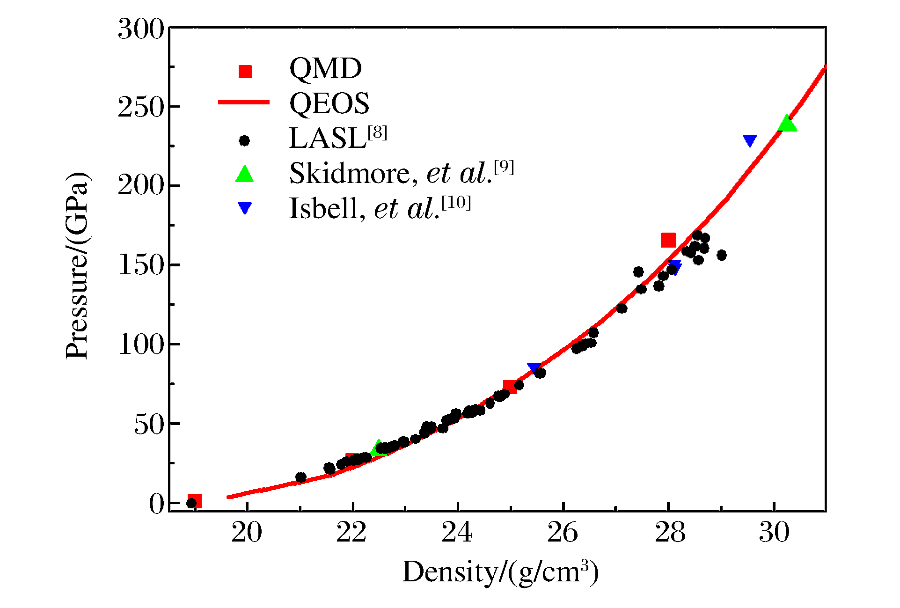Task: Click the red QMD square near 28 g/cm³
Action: pos(668,240)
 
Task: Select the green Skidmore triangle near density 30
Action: pos(787,124)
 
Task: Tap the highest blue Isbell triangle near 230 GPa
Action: pos(749,141)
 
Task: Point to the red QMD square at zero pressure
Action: pos(195,501)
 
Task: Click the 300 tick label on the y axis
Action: pos(140,29)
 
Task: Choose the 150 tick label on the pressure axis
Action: pos(140,266)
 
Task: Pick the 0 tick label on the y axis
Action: pos(157,504)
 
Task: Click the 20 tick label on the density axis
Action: pos(247,533)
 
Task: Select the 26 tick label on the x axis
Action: pos(563,533)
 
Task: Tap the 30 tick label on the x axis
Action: pos(774,533)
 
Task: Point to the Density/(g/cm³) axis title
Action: pos(500,572)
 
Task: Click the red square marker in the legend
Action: pos(245,71)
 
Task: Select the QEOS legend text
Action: pos(329,103)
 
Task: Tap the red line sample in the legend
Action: pos(244,103)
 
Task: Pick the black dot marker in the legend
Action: pos(244,140)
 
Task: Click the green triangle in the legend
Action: pos(244,174)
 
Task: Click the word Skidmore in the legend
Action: pos(349,174)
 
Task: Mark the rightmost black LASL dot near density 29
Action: pos(721,256)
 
